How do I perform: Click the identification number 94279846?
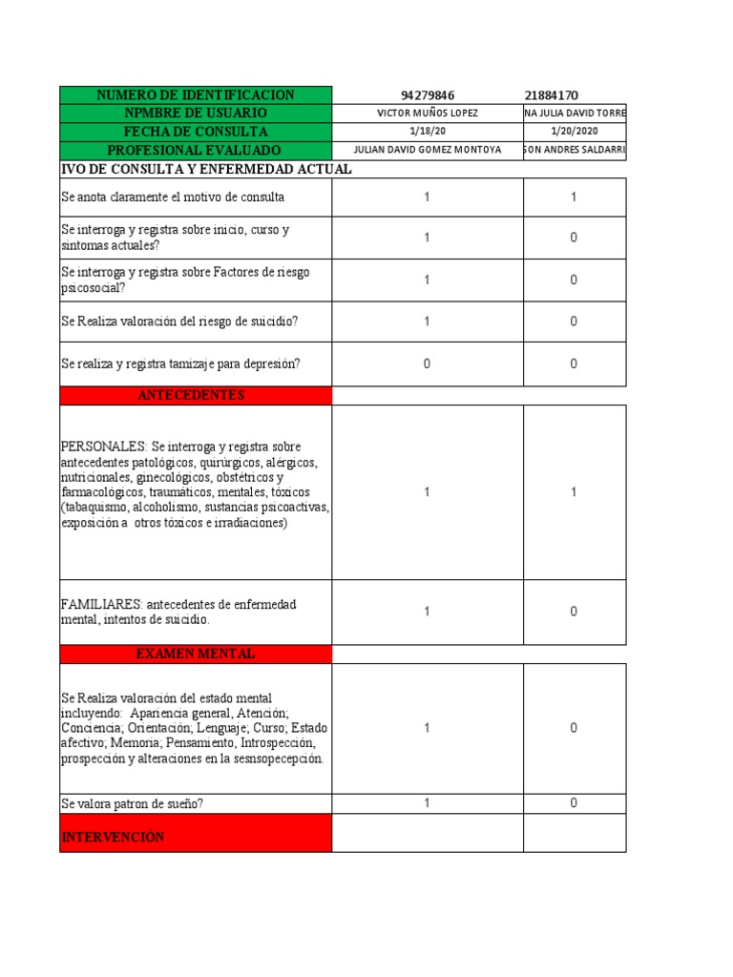click(428, 95)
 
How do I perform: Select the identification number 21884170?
click(552, 95)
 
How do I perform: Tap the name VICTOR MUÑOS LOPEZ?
click(428, 114)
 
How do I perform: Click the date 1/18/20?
click(428, 132)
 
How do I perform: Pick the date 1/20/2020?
click(574, 132)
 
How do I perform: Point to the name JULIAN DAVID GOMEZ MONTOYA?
click(428, 151)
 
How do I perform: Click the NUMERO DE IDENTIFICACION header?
click(196, 95)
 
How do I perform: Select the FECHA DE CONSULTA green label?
click(196, 132)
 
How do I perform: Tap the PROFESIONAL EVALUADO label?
click(196, 151)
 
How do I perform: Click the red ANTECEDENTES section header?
click(196, 395)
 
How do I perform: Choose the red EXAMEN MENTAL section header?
click(196, 655)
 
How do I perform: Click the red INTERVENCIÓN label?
click(113, 837)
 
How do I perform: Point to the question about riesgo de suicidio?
click(179, 322)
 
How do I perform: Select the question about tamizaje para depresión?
click(180, 364)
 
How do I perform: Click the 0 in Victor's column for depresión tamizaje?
click(427, 364)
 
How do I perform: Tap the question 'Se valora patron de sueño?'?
click(133, 803)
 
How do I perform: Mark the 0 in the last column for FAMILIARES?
click(574, 612)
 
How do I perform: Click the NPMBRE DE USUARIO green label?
click(196, 114)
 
